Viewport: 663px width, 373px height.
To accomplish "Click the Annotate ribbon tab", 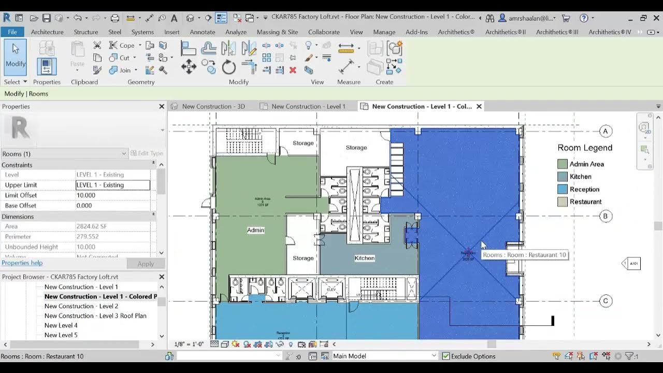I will click(202, 32).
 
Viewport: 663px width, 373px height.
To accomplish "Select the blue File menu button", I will click(12, 32).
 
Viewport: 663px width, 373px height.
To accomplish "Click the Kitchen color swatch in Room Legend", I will click(563, 177).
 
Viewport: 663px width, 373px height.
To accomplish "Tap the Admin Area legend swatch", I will click(563, 164).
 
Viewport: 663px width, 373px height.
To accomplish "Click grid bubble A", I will click(606, 131).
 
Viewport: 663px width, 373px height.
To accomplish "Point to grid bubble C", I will click(606, 301).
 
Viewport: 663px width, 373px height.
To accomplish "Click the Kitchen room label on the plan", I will click(364, 258).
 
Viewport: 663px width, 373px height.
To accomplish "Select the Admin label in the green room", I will click(255, 230).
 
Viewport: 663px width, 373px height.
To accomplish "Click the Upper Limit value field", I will click(113, 185).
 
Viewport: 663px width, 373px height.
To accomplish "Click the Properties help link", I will click(22, 263).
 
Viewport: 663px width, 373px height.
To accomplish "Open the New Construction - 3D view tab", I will click(213, 106).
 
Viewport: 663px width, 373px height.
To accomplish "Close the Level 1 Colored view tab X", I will click(479, 106).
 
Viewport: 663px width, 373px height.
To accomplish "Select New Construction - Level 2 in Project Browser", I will click(81, 306).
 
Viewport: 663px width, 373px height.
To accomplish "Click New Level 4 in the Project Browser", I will click(61, 325).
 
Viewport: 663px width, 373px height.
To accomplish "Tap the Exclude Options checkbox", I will click(445, 356).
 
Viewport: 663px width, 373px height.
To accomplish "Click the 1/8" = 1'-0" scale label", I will click(189, 344).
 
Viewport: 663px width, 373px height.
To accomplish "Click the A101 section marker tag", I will click(633, 264).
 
